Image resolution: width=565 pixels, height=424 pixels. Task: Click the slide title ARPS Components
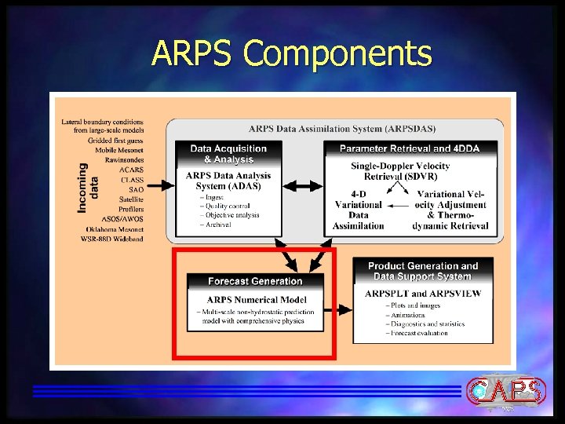click(x=291, y=53)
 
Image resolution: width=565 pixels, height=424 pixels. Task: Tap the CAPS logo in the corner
click(x=506, y=392)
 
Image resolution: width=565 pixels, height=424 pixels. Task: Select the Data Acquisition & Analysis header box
click(x=228, y=154)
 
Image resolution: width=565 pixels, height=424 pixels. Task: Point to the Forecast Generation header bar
click(x=255, y=281)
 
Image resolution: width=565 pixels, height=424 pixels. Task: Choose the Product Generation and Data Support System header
click(x=423, y=271)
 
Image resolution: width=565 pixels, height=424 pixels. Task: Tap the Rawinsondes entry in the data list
click(x=124, y=159)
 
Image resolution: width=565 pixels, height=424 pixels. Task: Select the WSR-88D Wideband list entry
click(x=112, y=239)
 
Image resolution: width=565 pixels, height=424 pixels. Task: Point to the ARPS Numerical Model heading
click(x=256, y=299)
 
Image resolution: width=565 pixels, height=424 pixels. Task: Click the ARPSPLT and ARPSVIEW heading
click(x=423, y=294)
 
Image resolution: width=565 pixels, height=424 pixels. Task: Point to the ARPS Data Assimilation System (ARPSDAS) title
click(x=341, y=129)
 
